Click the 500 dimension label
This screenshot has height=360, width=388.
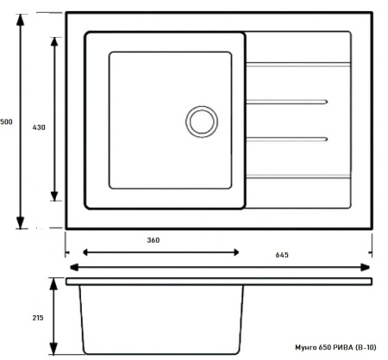point(6,121)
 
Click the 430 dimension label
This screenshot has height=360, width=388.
point(39,127)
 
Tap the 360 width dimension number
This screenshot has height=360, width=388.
point(153,240)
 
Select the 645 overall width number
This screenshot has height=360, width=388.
point(282,255)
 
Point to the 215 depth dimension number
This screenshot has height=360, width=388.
point(38,318)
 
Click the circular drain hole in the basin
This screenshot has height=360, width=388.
point(202,121)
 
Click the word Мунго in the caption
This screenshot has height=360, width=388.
point(306,348)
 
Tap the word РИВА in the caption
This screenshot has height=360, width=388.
point(343,347)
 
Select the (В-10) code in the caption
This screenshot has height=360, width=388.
point(366,347)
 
